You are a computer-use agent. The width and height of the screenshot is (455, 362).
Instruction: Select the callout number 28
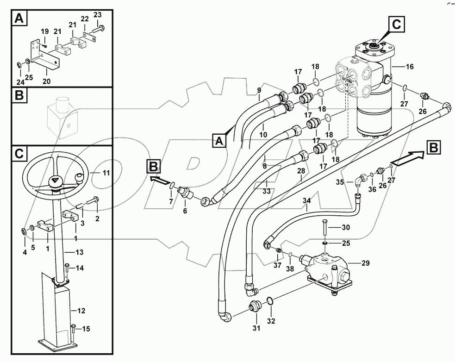tap(301, 171)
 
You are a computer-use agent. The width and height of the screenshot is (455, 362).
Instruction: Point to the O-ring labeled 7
tap(172, 186)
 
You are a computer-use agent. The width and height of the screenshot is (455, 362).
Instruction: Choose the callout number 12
tap(81, 310)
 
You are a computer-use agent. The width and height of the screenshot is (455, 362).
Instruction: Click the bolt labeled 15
tap(74, 329)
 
